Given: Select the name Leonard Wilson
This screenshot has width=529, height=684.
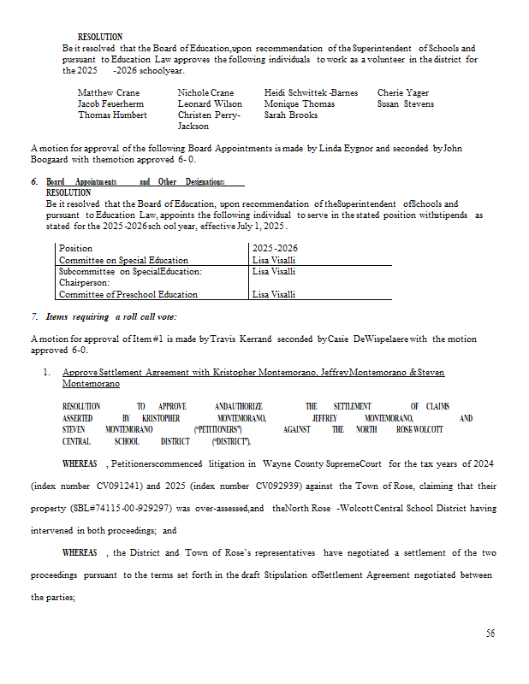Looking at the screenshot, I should click(x=210, y=103).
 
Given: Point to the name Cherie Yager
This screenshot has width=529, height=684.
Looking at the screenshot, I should click(x=402, y=92).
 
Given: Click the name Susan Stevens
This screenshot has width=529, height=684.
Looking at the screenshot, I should click(x=405, y=103).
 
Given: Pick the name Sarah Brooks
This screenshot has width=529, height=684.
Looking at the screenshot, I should click(x=290, y=115).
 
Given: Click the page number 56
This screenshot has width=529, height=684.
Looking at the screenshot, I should click(x=490, y=634).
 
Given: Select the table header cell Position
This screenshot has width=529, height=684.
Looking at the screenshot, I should click(x=75, y=248).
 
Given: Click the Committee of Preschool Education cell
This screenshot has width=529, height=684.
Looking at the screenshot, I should click(x=128, y=294).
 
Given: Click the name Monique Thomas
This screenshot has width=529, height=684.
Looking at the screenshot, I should click(x=299, y=103).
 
